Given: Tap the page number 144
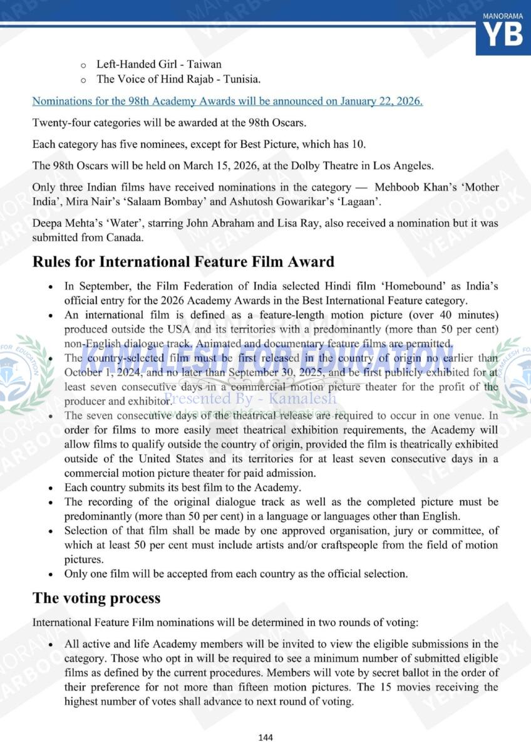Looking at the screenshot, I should [x=265, y=738].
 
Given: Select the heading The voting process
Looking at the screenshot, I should [x=96, y=598].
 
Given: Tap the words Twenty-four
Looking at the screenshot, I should [x=60, y=122].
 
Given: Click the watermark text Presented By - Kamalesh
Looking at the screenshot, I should [x=250, y=399].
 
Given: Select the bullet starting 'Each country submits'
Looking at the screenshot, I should [x=182, y=487].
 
